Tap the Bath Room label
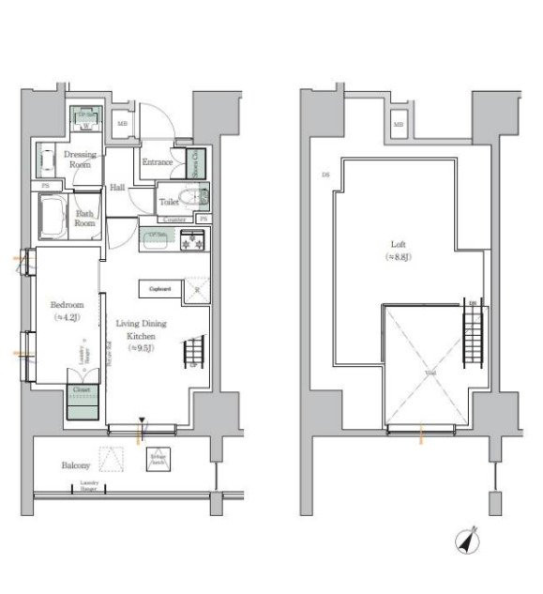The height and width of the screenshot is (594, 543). coord(85,218)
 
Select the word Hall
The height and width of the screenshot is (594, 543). coord(118,187)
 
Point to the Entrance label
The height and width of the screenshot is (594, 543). coord(157,162)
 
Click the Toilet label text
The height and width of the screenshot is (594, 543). coord(169,201)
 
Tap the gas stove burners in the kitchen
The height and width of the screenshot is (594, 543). coord(193,239)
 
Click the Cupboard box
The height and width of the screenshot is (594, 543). coord(158,289)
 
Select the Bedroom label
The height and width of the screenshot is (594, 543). coord(67,305)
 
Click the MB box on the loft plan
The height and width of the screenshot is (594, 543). coord(398,124)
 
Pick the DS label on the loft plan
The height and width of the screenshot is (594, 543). coord(324,175)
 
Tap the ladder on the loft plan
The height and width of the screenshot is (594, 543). coord(474,338)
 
